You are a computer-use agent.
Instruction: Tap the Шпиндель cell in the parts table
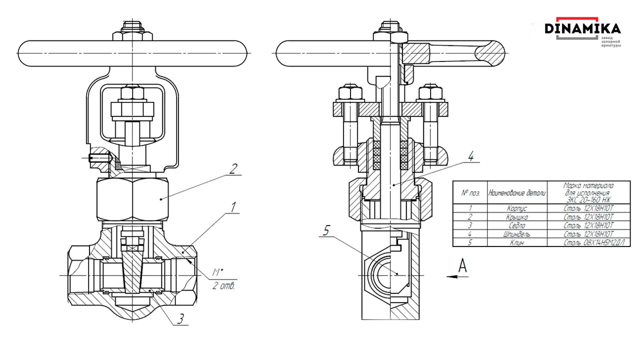(x=516, y=233)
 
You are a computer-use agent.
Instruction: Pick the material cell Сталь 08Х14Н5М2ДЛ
(x=589, y=242)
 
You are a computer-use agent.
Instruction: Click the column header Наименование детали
(x=516, y=192)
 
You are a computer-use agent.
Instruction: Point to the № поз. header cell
(x=470, y=192)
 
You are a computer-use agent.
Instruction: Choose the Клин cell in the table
(x=516, y=242)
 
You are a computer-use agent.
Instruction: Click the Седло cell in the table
(x=516, y=225)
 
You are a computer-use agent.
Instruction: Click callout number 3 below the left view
(x=180, y=318)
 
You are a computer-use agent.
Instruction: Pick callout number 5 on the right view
(x=326, y=230)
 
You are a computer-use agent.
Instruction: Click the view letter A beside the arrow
(x=463, y=266)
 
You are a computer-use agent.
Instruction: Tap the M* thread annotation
(x=217, y=272)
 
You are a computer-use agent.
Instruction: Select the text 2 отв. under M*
(x=223, y=286)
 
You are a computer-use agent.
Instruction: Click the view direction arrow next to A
(x=452, y=275)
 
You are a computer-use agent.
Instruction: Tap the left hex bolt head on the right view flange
(x=350, y=93)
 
